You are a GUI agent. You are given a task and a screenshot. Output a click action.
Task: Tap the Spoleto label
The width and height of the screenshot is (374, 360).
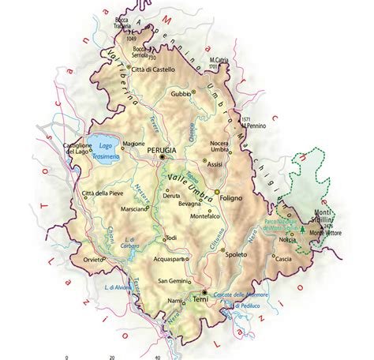pyautogui.click(x=236, y=256)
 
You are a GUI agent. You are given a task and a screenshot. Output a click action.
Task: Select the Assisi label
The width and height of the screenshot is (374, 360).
pyautogui.click(x=215, y=165)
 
